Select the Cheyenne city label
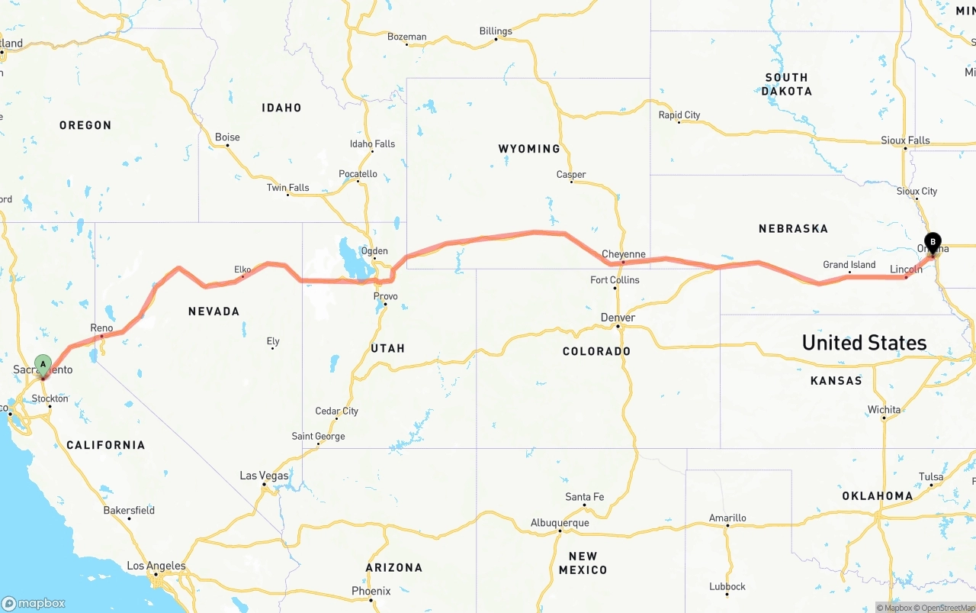(623, 254)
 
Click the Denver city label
(618, 318)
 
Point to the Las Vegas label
(264, 476)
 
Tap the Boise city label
(227, 137)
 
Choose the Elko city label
(242, 269)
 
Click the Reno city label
(101, 328)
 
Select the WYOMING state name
(529, 149)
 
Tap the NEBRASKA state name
(793, 228)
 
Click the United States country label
(864, 343)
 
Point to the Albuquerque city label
(560, 523)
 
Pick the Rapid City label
(679, 115)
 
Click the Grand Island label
(849, 265)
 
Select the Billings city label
(496, 31)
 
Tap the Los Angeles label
(156, 566)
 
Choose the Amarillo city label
(727, 518)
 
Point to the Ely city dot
(272, 348)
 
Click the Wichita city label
(884, 410)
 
